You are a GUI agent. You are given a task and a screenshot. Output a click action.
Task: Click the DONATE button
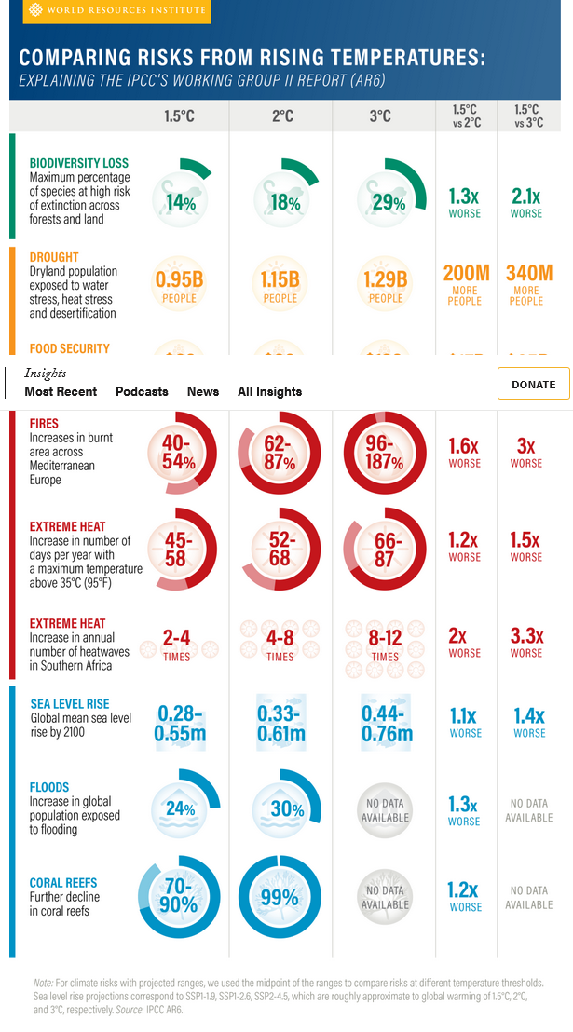point(533,384)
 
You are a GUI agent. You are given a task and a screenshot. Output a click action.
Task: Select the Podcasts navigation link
point(142,391)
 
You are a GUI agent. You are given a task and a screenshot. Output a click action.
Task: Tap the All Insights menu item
point(269,391)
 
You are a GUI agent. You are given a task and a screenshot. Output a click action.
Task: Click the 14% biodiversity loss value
point(180,202)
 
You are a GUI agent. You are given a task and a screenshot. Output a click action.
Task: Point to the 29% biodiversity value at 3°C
point(386,202)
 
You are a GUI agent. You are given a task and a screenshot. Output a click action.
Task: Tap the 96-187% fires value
point(386,453)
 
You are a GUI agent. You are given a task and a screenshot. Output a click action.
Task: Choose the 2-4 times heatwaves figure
point(177,644)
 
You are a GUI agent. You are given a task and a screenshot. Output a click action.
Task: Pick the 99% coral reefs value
point(280,897)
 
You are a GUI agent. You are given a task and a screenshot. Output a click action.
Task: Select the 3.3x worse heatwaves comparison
point(526,642)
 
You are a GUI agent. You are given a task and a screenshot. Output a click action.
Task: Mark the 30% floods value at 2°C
point(282,808)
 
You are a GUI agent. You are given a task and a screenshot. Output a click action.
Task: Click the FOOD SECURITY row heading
point(70,348)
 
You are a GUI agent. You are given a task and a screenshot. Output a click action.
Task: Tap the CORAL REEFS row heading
point(63,882)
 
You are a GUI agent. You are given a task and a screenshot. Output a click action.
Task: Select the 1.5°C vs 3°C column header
point(526,116)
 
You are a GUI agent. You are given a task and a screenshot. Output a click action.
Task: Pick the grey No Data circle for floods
point(386,808)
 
